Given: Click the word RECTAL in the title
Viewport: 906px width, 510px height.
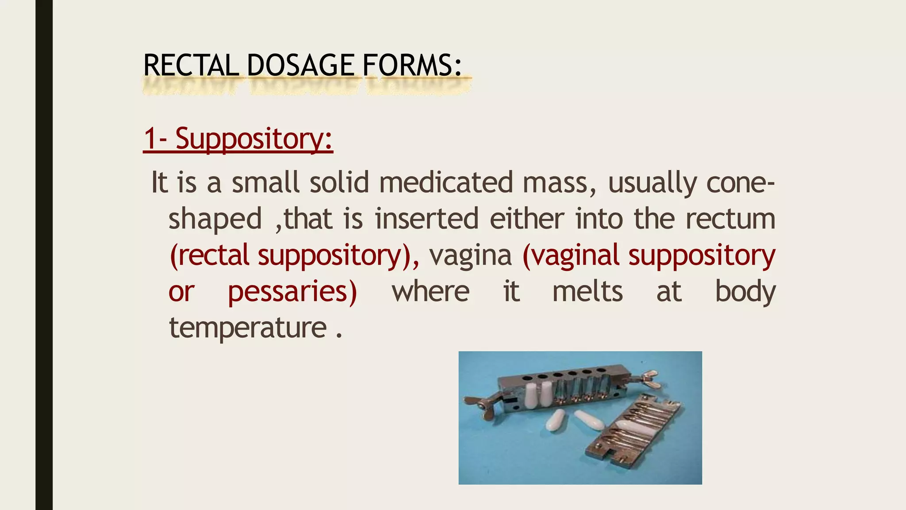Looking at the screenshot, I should point(191,65).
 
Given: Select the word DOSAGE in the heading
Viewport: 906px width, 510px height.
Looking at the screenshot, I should point(300,65).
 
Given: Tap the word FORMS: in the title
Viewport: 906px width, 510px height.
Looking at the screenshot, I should point(412,65).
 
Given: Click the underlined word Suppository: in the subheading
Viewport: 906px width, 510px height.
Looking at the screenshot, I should point(254,139).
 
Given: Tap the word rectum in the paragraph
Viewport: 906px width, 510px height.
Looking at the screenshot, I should point(730,219).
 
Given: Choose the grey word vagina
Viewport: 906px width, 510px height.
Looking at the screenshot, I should point(470,255).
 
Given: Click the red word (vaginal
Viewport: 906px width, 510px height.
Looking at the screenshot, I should point(571,255).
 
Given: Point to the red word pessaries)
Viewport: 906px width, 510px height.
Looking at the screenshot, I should point(292,292).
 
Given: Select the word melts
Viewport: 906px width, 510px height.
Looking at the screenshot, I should point(587,292).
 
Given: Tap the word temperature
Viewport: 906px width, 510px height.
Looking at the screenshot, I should point(248,328).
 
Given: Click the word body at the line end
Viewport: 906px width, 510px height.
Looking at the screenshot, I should point(745,292).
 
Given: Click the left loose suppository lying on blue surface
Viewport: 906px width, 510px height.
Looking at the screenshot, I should point(556,420).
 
